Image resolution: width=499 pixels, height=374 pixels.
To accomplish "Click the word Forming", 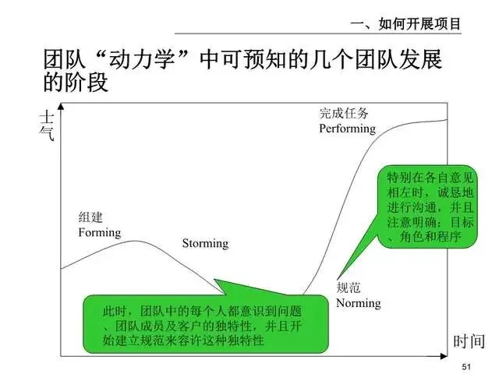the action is (x=100, y=232).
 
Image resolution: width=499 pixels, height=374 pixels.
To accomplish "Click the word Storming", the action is (x=205, y=243).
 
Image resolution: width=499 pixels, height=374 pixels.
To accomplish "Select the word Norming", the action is (x=358, y=302).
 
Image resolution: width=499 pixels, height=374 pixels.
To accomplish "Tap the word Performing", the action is (x=348, y=128).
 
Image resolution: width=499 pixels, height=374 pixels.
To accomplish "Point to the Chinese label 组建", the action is (x=90, y=217).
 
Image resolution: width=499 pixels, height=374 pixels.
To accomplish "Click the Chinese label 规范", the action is (x=349, y=288).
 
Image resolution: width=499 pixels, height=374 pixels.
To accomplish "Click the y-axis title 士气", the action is (x=47, y=125).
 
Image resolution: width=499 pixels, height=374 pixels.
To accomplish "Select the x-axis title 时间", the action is (x=469, y=340).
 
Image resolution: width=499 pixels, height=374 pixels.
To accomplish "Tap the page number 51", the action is (x=468, y=367).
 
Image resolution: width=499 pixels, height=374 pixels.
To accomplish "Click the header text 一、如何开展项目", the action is (x=406, y=24).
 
